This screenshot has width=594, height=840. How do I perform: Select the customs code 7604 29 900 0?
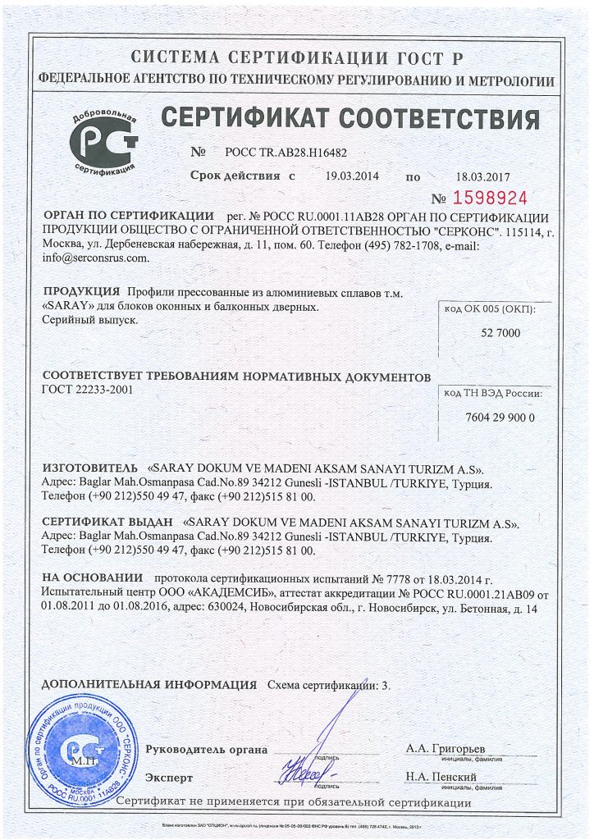tap(499, 417)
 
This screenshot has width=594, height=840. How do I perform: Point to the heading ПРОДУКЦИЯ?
tap(80, 293)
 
